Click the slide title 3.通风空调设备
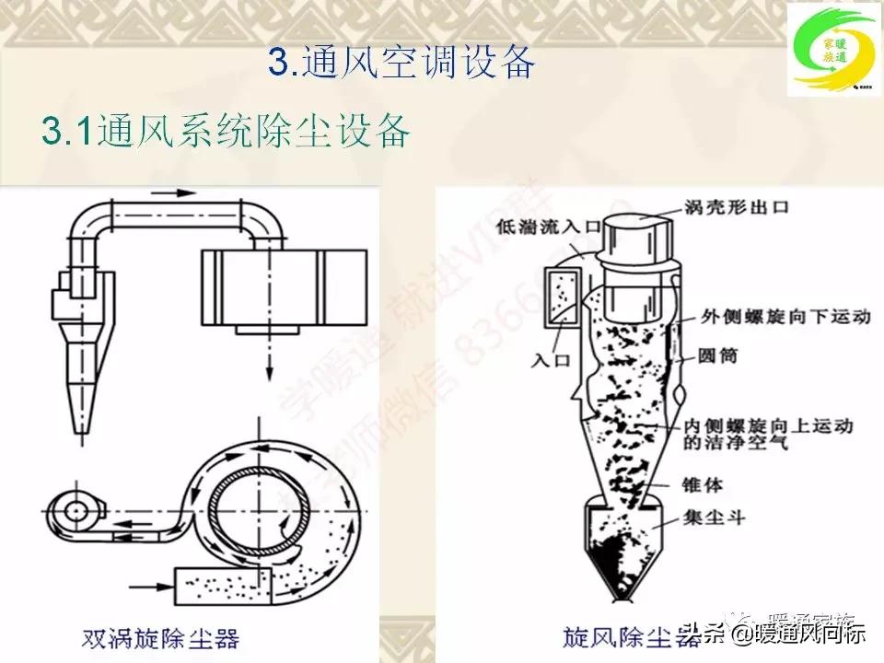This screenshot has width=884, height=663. coord(401,62)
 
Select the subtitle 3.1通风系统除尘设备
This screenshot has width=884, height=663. coord(226,132)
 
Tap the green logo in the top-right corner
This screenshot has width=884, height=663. coord(831,51)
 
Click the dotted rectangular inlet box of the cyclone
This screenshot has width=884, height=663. coord(561,300)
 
